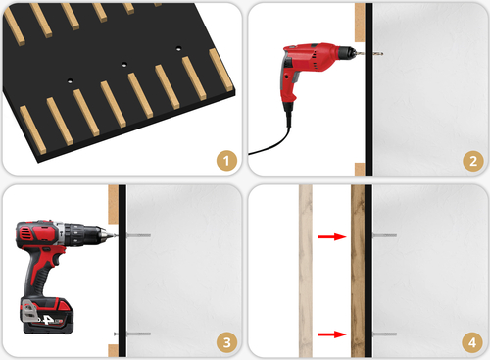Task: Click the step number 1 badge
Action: [225, 160]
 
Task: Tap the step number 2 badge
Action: [470, 160]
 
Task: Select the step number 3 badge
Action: [225, 341]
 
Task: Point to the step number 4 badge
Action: [470, 341]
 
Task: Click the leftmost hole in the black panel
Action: [71, 81]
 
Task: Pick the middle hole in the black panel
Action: [124, 66]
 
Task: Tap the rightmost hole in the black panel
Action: [179, 49]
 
